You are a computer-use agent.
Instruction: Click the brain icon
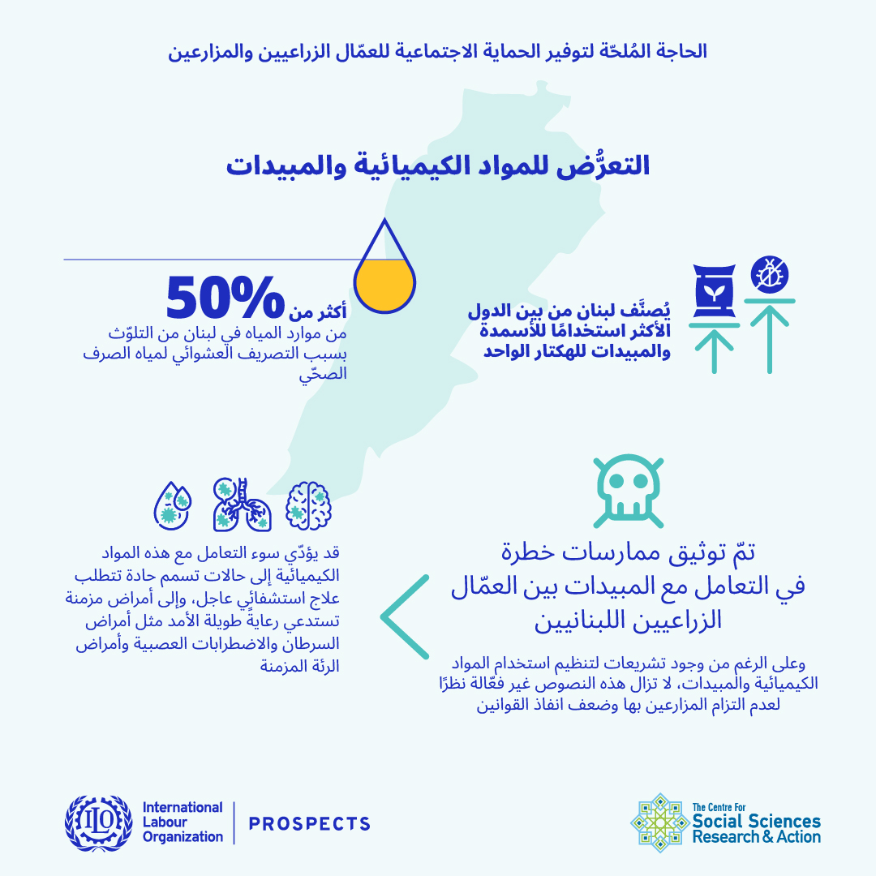[x=309, y=505]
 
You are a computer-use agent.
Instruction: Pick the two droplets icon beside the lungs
[x=173, y=505]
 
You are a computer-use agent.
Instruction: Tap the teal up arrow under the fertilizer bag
[x=715, y=348]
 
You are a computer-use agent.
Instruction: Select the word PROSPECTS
[x=310, y=824]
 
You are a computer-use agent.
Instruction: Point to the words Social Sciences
[x=757, y=822]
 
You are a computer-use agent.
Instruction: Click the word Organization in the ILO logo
[x=182, y=837]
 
